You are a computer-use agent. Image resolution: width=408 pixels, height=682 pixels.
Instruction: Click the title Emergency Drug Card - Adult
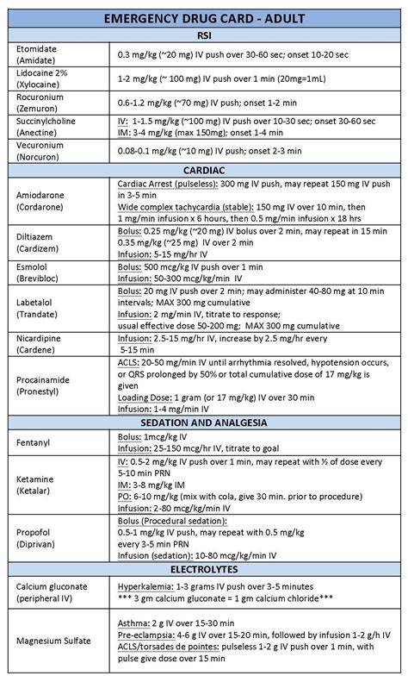pyautogui.click(x=204, y=19)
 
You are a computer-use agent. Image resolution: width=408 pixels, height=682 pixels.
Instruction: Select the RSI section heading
pyautogui.click(x=204, y=36)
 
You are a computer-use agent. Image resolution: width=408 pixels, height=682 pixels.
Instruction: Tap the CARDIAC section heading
pyautogui.click(x=204, y=170)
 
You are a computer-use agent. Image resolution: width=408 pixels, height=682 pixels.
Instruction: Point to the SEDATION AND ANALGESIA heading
pyautogui.click(x=204, y=422)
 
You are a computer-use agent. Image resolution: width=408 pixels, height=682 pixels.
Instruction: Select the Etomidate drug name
pyautogui.click(x=37, y=48)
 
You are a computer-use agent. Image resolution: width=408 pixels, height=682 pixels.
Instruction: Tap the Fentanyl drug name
pyautogui.click(x=35, y=441)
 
